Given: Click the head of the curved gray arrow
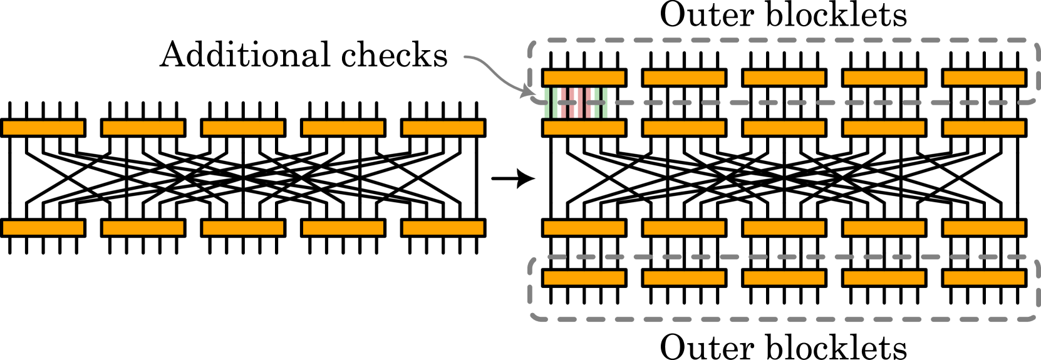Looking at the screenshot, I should coord(529,95).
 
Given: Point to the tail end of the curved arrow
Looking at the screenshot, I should coord(465,57).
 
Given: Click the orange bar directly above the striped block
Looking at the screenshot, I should coord(584,78).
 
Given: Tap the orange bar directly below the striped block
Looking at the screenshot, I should coord(584,128).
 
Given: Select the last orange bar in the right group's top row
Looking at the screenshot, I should coord(984,78).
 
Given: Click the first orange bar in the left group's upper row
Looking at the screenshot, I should coord(43,128).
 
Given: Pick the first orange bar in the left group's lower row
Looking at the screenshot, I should coord(43,228).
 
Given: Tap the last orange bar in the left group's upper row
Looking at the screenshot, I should coord(443,128).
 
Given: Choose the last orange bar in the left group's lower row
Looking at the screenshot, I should coord(443,228).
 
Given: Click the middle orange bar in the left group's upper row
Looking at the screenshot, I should coord(243,128).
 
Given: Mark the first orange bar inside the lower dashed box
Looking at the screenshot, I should coord(584,278).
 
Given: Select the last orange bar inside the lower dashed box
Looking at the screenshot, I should coord(984,278).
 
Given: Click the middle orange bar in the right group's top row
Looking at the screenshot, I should coord(784,78).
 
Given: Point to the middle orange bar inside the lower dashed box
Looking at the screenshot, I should coord(784,278).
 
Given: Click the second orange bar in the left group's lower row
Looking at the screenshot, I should coord(143,228).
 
